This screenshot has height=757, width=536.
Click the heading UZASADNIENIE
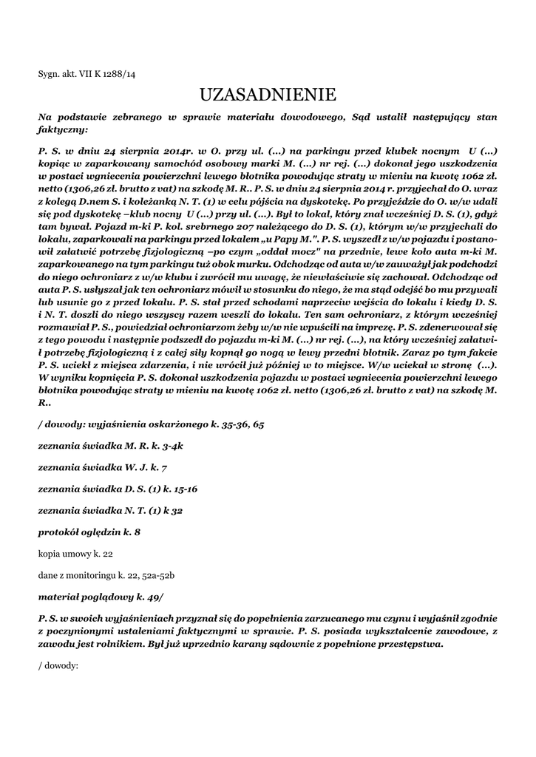coord(268,95)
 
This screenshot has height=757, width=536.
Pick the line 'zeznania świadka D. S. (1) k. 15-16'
coord(118,489)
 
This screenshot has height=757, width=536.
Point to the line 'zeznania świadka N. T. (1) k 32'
coord(110,510)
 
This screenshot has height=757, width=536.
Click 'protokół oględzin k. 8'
coord(89,532)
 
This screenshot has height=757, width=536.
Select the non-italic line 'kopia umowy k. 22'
coord(75,553)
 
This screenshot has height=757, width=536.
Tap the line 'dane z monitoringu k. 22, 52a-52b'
coord(106,574)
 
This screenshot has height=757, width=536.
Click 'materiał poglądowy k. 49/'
coord(101,596)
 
